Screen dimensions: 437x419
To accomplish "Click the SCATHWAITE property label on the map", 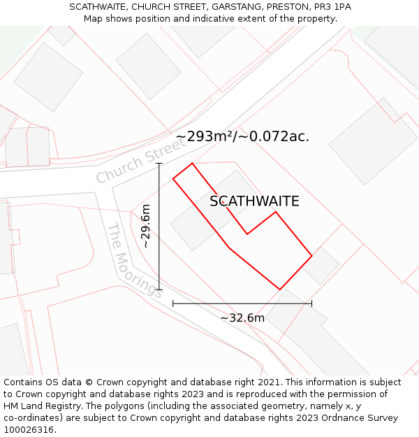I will [x=254, y=201].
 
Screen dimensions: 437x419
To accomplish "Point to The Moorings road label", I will [x=134, y=260].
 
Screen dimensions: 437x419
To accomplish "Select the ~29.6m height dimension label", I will [x=146, y=226].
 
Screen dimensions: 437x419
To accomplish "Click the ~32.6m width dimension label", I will [x=242, y=318].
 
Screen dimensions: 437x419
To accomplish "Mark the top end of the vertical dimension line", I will [x=159, y=164].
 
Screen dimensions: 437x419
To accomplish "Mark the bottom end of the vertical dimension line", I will [x=159, y=289].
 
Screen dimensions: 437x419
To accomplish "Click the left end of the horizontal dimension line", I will [x=172, y=303].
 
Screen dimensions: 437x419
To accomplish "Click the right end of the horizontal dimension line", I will [x=311, y=303].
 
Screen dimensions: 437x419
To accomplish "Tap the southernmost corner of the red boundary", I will [x=279, y=289].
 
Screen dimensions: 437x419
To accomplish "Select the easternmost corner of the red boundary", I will [x=311, y=256].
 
